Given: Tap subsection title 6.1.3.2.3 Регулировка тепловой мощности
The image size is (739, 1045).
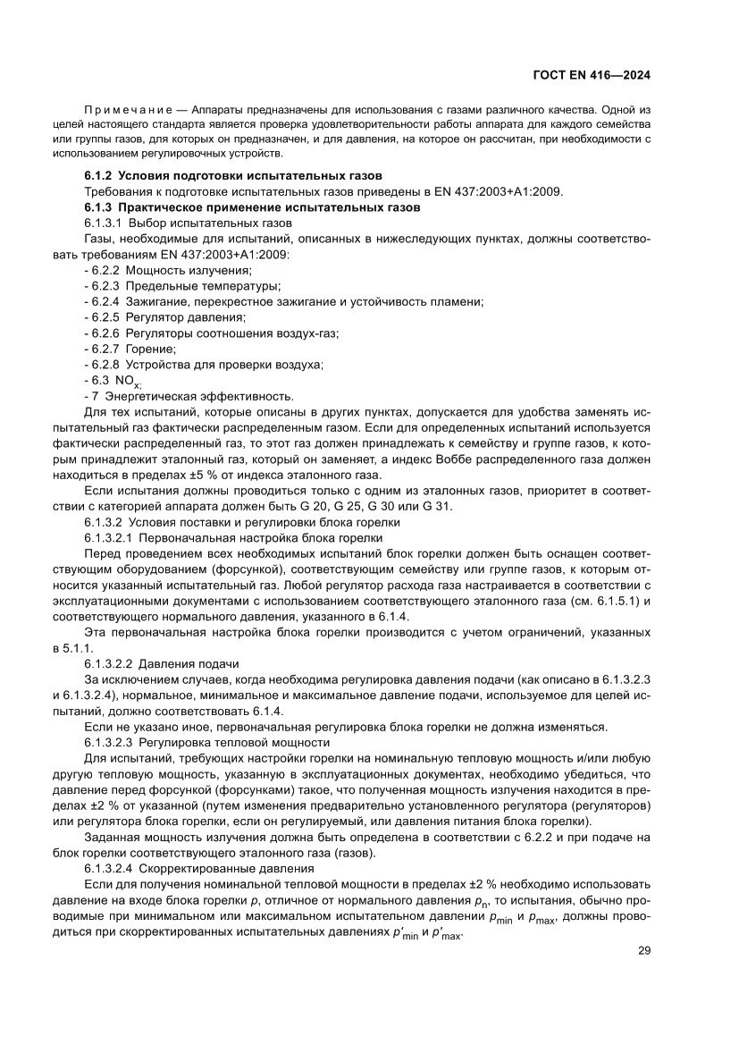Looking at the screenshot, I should [x=207, y=742].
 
